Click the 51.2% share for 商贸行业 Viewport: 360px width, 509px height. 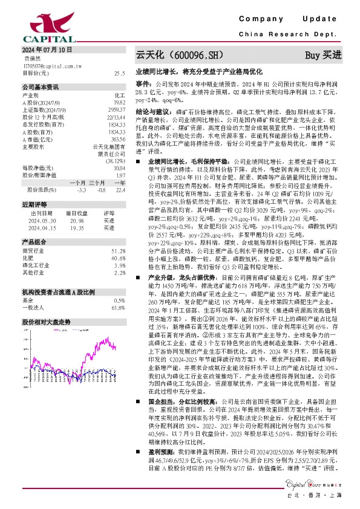point(118,250)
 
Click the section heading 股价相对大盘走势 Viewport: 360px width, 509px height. point(47,306)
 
